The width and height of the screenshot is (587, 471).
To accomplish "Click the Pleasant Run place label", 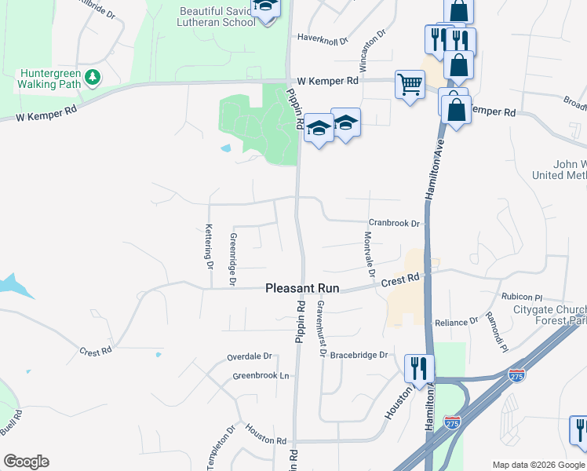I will coord(302,289).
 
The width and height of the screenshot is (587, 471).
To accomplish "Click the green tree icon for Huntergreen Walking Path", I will coord(93,76).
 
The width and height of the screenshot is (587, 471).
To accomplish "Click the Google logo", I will coord(26,462).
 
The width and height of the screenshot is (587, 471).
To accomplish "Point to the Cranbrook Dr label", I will coord(396,223).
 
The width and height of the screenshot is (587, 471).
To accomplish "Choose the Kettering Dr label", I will coord(209,246).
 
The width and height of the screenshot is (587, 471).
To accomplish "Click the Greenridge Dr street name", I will coord(232,258).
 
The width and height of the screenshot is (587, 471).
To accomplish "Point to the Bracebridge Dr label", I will coord(359,355).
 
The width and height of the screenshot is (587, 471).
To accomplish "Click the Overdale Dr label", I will coord(249,356).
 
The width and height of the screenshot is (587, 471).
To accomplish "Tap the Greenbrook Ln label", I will coord(261,376).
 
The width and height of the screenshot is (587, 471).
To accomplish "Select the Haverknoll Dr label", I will coord(327,37).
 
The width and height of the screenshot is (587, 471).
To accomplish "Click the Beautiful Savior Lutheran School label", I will coord(217,16).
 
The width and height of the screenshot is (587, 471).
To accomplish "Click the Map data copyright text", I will coord(538,464).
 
